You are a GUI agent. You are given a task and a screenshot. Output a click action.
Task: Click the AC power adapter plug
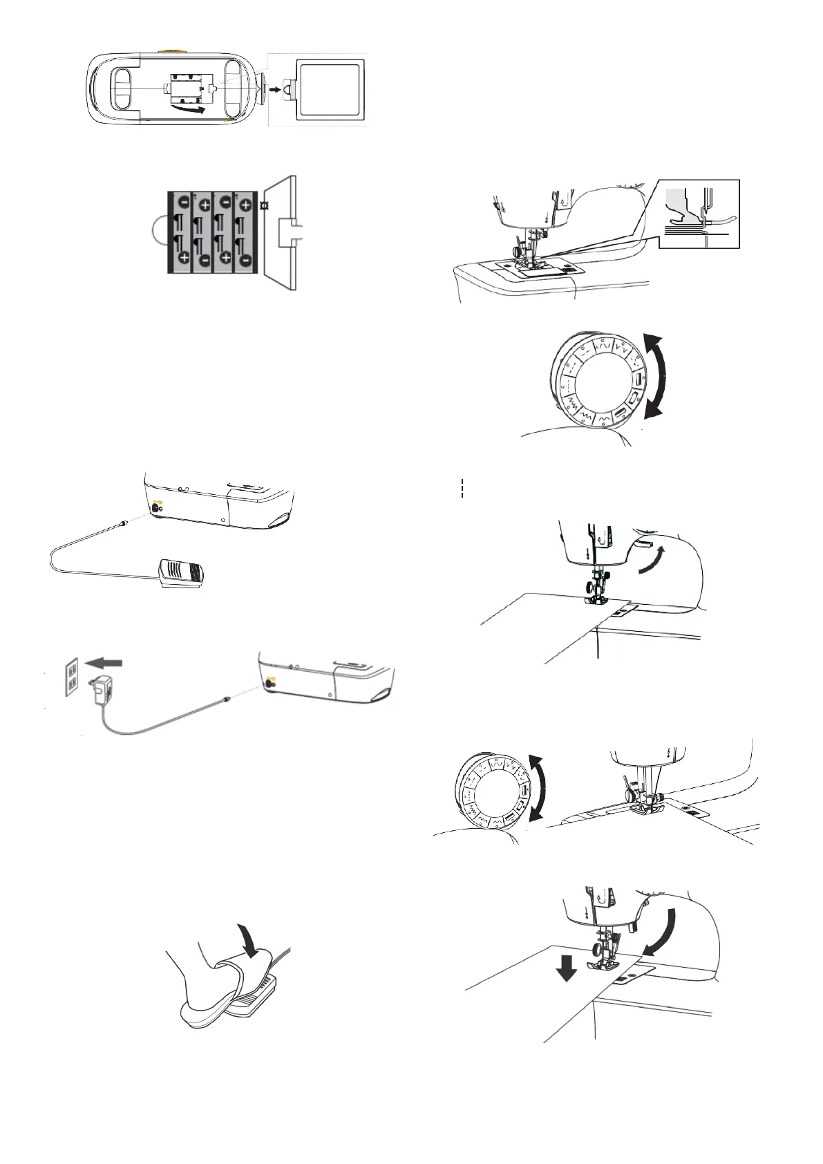click(x=99, y=691)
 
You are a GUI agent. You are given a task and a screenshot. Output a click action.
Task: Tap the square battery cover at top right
click(x=328, y=90)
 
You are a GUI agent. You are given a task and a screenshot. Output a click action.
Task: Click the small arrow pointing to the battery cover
click(x=275, y=90)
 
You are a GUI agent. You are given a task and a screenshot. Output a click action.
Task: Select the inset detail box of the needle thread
click(x=699, y=214)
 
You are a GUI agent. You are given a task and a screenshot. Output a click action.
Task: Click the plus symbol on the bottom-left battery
click(x=184, y=258)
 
